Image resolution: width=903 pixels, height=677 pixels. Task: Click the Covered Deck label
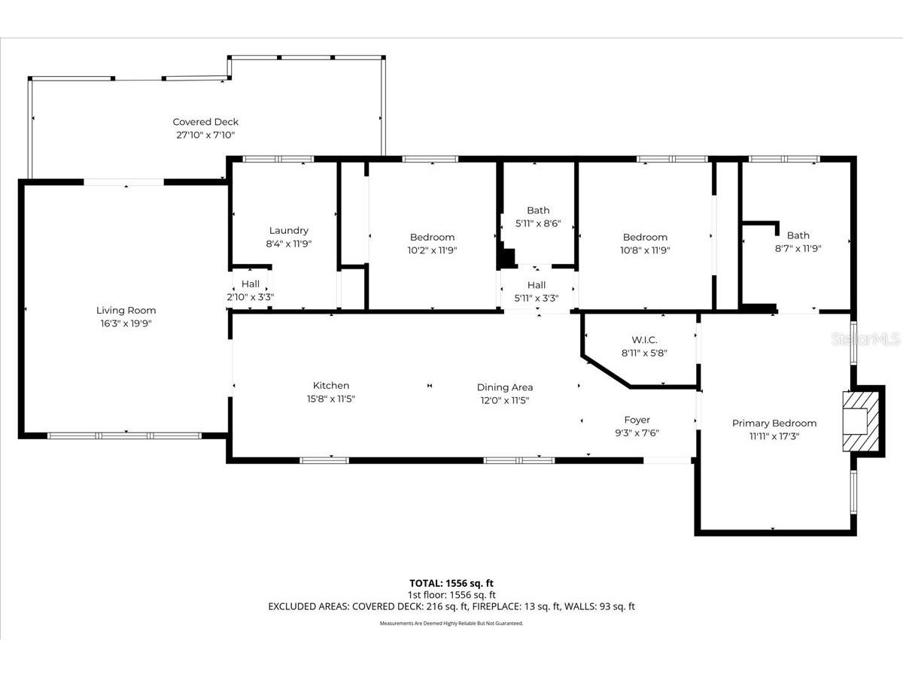pyautogui.click(x=205, y=122)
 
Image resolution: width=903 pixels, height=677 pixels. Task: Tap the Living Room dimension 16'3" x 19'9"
pyautogui.click(x=126, y=323)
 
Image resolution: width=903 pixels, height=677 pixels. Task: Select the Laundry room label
pyautogui.click(x=288, y=231)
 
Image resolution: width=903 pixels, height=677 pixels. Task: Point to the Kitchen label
pyautogui.click(x=331, y=386)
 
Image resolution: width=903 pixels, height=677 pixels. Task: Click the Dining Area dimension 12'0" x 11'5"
pyautogui.click(x=504, y=400)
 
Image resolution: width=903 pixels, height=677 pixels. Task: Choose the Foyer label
pyautogui.click(x=637, y=420)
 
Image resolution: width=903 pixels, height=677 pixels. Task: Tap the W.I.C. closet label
pyautogui.click(x=644, y=339)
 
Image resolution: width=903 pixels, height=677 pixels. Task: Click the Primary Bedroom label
pyautogui.click(x=774, y=424)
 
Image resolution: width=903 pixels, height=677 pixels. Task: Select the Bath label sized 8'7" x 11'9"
pyautogui.click(x=798, y=235)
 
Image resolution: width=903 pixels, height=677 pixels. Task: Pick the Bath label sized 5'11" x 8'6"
pyautogui.click(x=538, y=211)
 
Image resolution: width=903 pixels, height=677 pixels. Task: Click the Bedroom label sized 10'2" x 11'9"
pyautogui.click(x=432, y=238)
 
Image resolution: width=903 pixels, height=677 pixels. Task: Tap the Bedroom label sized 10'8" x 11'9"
pyautogui.click(x=645, y=238)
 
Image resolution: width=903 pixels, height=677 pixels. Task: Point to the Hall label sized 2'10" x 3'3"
pyautogui.click(x=251, y=284)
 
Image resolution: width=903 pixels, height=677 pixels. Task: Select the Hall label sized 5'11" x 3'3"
pyautogui.click(x=537, y=285)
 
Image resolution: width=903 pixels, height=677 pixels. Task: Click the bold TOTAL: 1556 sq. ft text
pyautogui.click(x=451, y=583)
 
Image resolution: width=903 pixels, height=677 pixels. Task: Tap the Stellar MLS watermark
pyautogui.click(x=865, y=340)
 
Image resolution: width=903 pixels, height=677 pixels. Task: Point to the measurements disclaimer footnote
pyautogui.click(x=451, y=623)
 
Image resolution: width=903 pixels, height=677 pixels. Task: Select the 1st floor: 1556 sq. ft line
pyautogui.click(x=451, y=594)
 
